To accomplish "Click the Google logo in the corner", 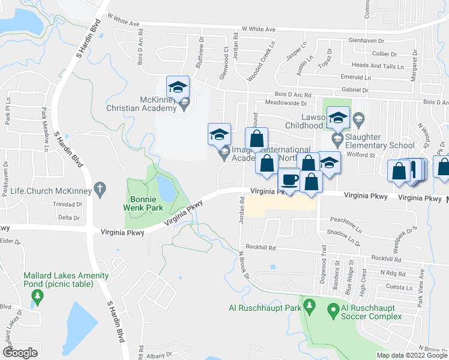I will (x=20, y=353).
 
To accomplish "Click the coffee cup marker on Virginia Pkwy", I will (x=290, y=180).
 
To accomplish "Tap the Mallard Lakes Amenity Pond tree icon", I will (x=37, y=296).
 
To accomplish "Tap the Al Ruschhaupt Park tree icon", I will (x=309, y=306).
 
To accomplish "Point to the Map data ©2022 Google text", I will (x=412, y=355).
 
